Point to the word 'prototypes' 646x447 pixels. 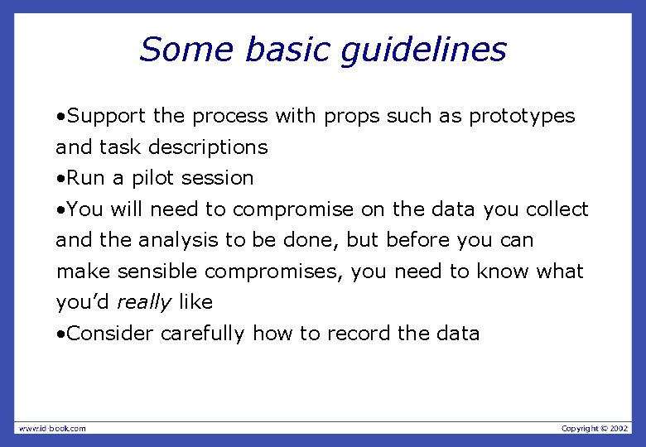coord(522,117)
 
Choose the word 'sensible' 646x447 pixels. coord(158,272)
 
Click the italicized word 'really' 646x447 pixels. coord(143,303)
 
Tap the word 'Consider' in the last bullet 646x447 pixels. coord(110,334)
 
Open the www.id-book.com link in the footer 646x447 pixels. coord(52,428)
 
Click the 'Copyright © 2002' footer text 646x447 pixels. coord(595,428)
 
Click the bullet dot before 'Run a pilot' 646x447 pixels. coord(60,179)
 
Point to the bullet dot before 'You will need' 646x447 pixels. coord(60,210)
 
